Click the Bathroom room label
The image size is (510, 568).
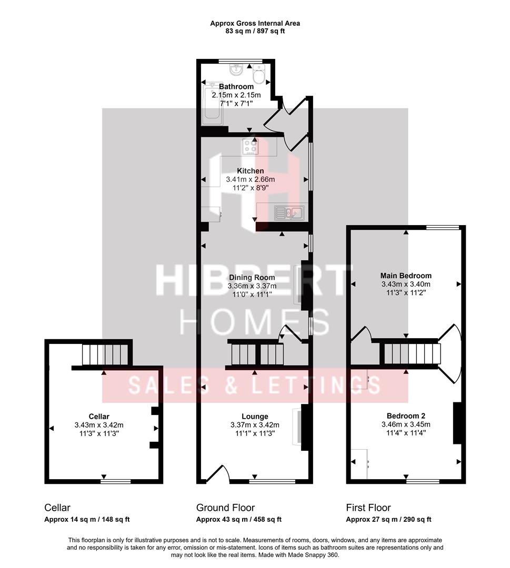[x=236, y=87]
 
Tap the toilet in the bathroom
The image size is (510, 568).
[x=258, y=75]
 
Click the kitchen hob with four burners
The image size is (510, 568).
[x=250, y=147]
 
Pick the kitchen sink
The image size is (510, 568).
[x=288, y=213]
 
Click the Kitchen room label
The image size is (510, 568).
[x=250, y=171]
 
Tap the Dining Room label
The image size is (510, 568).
[x=252, y=277]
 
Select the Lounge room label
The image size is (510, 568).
[x=255, y=416]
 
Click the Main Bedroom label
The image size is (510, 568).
[x=406, y=276]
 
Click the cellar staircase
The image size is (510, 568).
[x=105, y=354]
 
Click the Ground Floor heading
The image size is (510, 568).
[x=225, y=508]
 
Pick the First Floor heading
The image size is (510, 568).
[x=368, y=508]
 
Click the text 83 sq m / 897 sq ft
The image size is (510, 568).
[x=255, y=31]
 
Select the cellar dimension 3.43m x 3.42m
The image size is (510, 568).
[x=99, y=425]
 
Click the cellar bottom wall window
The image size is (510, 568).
[x=116, y=481]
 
